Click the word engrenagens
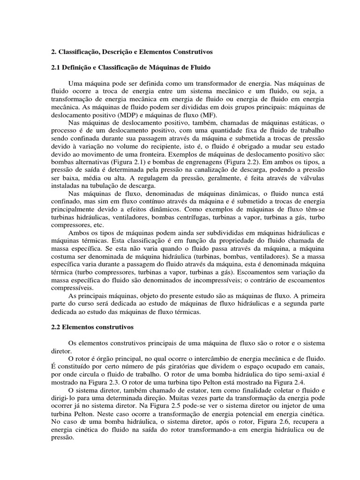pos(189,162)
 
